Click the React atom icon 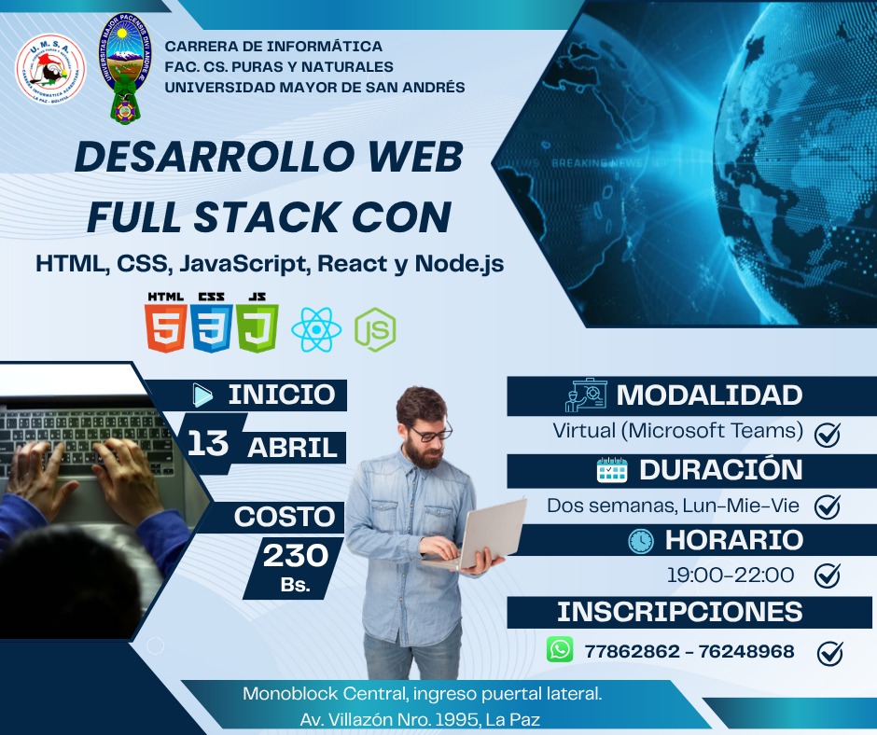[x=316, y=329]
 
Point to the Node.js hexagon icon [x=375, y=329]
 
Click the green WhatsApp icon [x=560, y=649]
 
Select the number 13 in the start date [x=207, y=444]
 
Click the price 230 [x=295, y=556]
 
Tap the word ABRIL [x=291, y=448]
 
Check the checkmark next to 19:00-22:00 [x=827, y=576]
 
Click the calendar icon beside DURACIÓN [x=611, y=469]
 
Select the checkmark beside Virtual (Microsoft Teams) [x=827, y=434]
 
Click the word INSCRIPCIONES [x=679, y=612]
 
